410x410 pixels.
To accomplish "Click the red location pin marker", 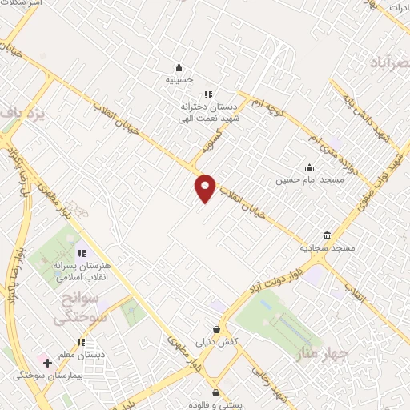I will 205,187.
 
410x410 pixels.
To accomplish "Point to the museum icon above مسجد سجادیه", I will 328,235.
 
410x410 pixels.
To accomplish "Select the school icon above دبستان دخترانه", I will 208,94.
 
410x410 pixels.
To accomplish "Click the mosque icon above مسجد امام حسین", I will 309,167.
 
